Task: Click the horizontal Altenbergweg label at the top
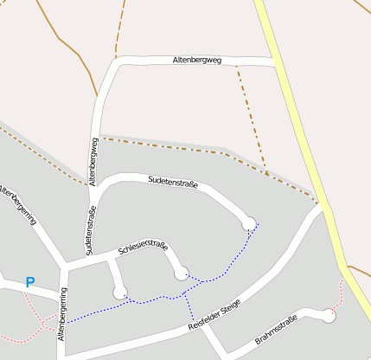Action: [x=197, y=61]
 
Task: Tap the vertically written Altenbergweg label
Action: [x=93, y=160]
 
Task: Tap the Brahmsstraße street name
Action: [x=276, y=331]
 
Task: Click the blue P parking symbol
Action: [x=30, y=282]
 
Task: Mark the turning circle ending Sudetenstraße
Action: [x=249, y=223]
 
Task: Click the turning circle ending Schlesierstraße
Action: [x=181, y=273]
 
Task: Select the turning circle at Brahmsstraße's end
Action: [x=328, y=317]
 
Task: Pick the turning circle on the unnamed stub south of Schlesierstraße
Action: [x=119, y=292]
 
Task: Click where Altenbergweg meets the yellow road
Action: [x=276, y=63]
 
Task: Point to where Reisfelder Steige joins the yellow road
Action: [x=320, y=206]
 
